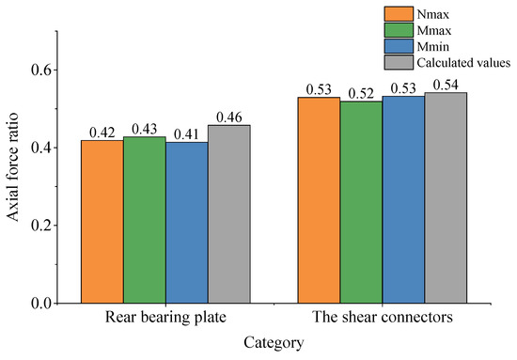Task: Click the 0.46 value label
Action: pos(228,117)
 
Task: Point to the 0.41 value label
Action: pos(186,134)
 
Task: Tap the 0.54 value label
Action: pos(446,85)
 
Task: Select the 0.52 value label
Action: pos(361,93)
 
